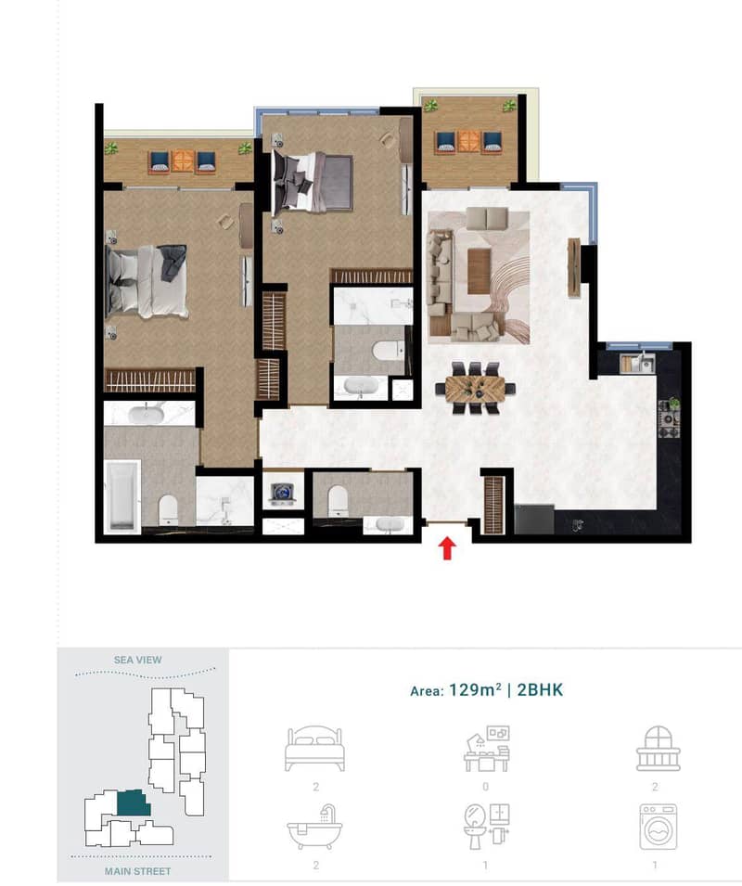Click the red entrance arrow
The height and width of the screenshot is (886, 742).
tap(447, 548)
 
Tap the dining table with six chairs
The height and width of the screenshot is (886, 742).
tap(475, 388)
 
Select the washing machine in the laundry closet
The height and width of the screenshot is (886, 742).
tap(283, 494)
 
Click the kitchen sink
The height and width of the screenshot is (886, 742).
tap(637, 364)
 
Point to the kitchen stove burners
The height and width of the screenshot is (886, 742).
tap(669, 425)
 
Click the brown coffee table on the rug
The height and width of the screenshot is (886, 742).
tap(479, 271)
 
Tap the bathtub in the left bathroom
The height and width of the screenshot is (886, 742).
tap(122, 496)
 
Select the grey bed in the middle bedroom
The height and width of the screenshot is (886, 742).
tap(313, 182)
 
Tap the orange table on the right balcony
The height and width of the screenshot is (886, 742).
tap(468, 142)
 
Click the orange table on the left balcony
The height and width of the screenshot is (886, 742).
tap(183, 161)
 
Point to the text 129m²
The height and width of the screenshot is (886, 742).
tap(475, 690)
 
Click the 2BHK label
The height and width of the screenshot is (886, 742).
tap(540, 690)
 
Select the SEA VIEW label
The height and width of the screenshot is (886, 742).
tap(138, 660)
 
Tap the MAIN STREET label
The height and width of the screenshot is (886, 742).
tap(138, 871)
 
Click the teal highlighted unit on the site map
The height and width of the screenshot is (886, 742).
tap(134, 803)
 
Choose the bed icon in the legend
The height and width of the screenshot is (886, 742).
tap(315, 750)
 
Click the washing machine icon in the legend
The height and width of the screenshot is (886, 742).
tap(658, 827)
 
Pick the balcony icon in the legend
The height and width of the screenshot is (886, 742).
tap(658, 749)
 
